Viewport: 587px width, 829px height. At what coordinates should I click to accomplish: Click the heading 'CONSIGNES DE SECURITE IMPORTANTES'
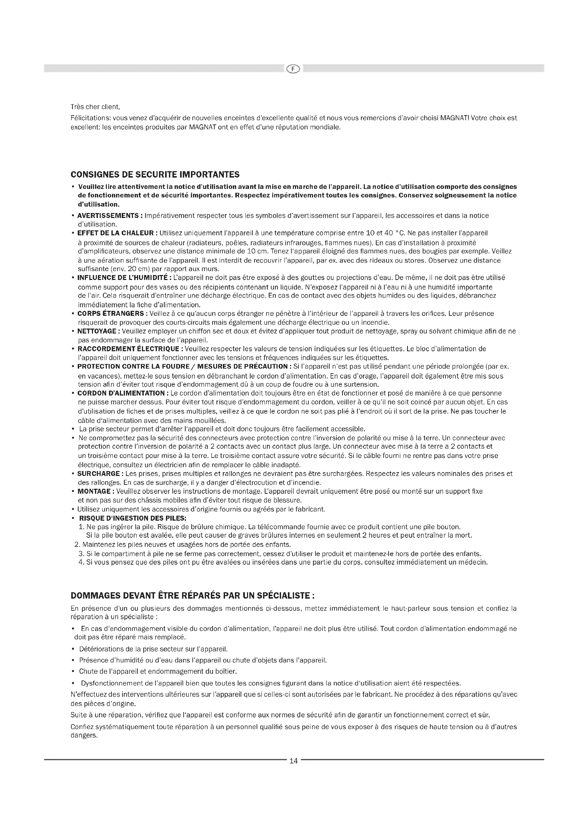coord(155,175)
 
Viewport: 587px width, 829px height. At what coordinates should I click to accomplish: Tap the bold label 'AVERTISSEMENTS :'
coord(110,215)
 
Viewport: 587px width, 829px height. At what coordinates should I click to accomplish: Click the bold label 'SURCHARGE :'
coord(100,474)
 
